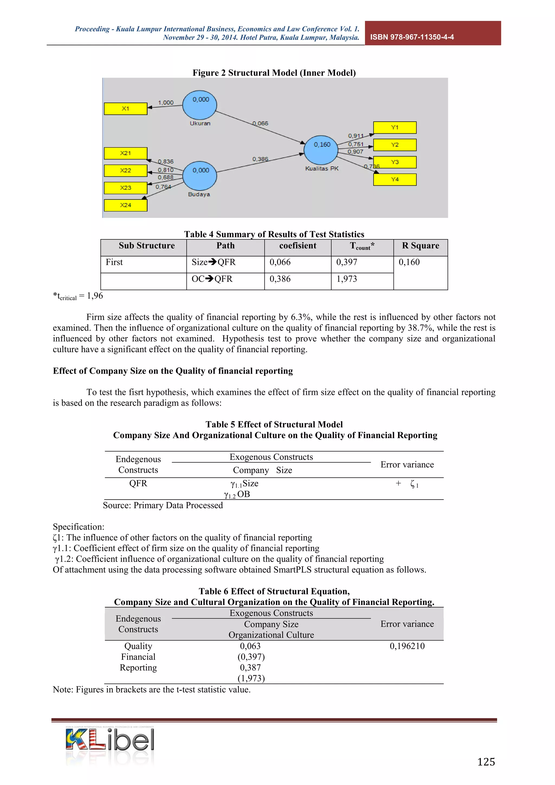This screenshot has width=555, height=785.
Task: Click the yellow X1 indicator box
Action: coord(125,109)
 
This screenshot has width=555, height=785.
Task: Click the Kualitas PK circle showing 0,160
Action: coord(321,150)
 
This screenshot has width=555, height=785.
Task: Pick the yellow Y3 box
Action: coord(395,162)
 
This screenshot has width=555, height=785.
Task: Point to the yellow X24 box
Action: coord(125,205)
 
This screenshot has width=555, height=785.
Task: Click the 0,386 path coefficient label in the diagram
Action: coord(260,159)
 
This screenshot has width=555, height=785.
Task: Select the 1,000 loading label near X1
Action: coord(166,102)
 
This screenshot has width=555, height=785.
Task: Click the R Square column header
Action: coord(420,246)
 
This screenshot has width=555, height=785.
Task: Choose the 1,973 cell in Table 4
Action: coord(347,279)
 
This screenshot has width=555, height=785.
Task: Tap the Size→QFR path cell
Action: coord(214,262)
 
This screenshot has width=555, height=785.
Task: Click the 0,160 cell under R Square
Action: coord(409,262)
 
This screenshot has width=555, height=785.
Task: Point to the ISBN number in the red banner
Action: coord(412,37)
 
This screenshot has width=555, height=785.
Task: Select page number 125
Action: coord(486,762)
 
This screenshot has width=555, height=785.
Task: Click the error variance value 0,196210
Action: coord(407,646)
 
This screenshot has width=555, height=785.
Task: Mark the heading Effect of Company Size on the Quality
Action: coord(173,371)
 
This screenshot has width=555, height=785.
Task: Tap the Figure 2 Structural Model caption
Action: coord(274,73)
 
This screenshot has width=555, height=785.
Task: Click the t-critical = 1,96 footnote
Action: coord(78,296)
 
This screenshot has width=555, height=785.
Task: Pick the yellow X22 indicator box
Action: coord(125,170)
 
